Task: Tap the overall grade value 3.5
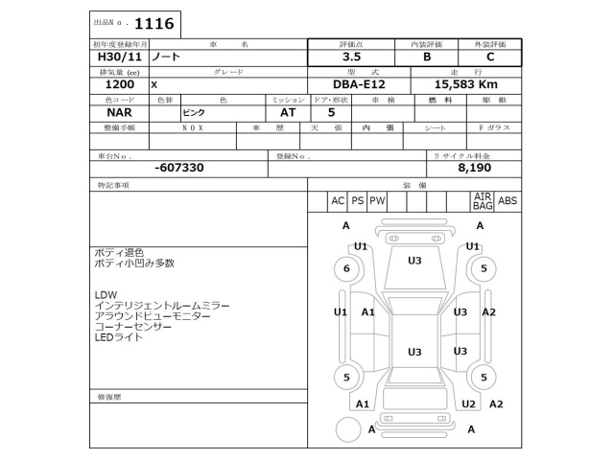[x=353, y=57]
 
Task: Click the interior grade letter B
[x=427, y=57]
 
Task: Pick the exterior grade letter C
[x=490, y=57]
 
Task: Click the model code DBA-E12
[x=355, y=85]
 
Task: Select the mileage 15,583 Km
[x=464, y=85]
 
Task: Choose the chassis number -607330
[x=179, y=168]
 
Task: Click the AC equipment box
[x=337, y=201]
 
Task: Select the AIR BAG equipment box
[x=483, y=200]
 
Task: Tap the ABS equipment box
[x=508, y=201]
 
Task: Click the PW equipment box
[x=377, y=201]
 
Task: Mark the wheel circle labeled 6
[x=346, y=269]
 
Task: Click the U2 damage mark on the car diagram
[x=468, y=403]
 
